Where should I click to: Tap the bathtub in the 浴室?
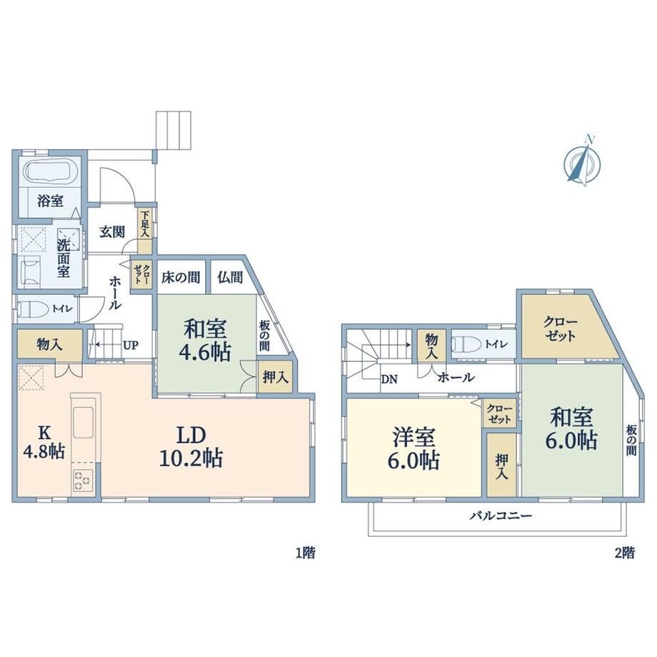point(49,171)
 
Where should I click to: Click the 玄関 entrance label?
point(112,231)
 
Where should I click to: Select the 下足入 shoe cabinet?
point(145,231)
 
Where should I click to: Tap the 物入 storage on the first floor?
point(50,344)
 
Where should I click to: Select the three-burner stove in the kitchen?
point(84,481)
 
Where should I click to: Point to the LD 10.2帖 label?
point(191,446)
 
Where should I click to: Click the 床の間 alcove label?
point(181,277)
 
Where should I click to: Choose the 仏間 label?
point(230,277)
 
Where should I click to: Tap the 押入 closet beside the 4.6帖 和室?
point(275,377)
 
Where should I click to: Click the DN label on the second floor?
point(388,380)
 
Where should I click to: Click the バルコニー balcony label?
point(500,515)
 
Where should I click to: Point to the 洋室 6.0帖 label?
point(414,448)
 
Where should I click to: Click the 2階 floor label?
point(624,553)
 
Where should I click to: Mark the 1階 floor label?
point(306,553)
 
